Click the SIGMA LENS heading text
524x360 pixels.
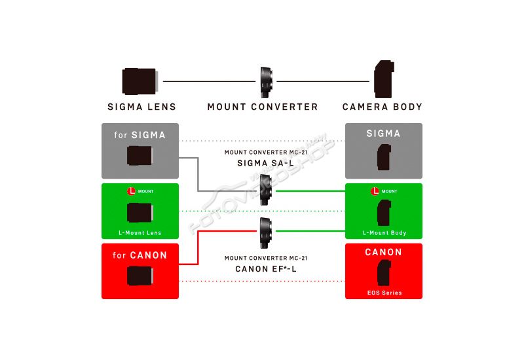pyautogui.click(x=141, y=107)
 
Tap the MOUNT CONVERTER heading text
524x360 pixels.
pyautogui.click(x=263, y=107)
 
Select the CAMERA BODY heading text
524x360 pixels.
pyautogui.click(x=383, y=107)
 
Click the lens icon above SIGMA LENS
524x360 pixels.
pyautogui.click(x=140, y=81)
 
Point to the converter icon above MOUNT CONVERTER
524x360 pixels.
pyautogui.click(x=266, y=82)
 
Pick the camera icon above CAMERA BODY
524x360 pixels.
pyautogui.click(x=384, y=79)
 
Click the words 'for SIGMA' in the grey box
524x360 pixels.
pyautogui.click(x=140, y=135)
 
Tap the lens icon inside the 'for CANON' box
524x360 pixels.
pyautogui.click(x=140, y=276)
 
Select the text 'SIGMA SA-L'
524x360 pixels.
pyautogui.click(x=266, y=163)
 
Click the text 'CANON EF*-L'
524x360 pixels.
pyautogui.click(x=266, y=269)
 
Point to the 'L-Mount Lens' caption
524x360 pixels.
pyautogui.click(x=140, y=233)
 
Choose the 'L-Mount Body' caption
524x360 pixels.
pyautogui.click(x=384, y=233)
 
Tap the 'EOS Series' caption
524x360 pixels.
pyautogui.click(x=384, y=293)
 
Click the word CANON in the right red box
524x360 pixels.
pyautogui.click(x=383, y=252)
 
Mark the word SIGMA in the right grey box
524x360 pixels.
pyautogui.click(x=383, y=134)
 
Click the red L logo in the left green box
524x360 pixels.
pyautogui.click(x=132, y=191)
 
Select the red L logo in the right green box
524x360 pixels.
pyautogui.click(x=375, y=191)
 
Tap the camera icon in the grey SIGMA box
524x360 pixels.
pyautogui.click(x=384, y=157)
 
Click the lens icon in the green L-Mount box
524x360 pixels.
pyautogui.click(x=140, y=212)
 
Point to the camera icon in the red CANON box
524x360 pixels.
pyautogui.click(x=384, y=273)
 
